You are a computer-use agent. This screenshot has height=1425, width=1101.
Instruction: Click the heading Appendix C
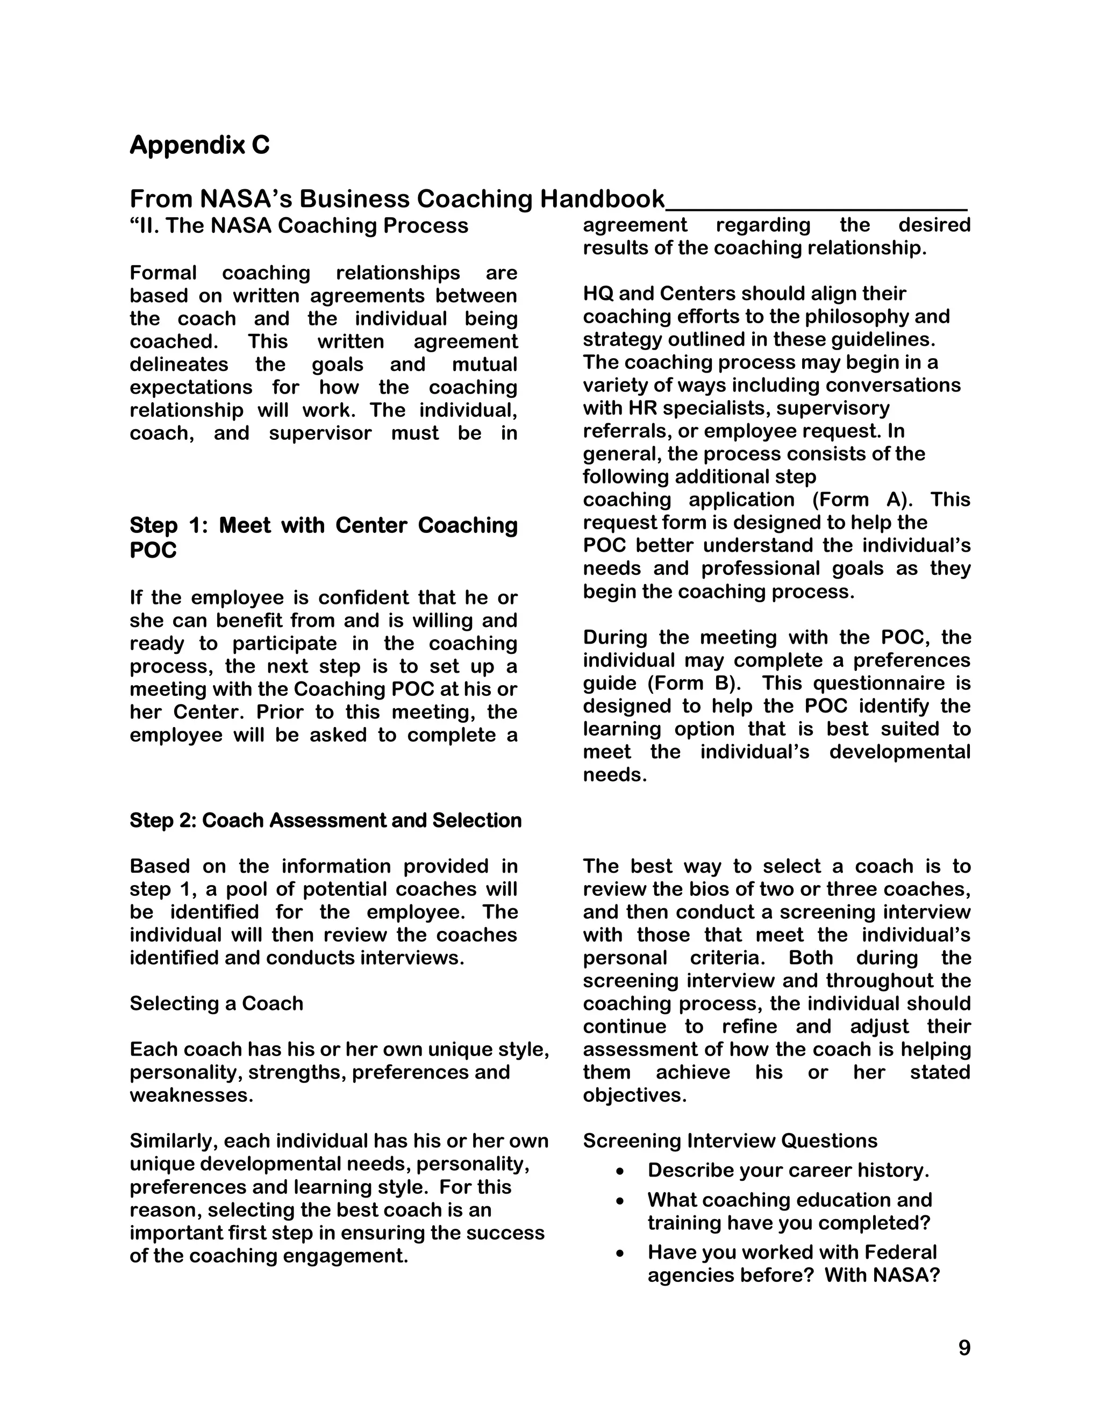pyautogui.click(x=199, y=145)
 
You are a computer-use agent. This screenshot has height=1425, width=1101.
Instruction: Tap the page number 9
pyautogui.click(x=964, y=1348)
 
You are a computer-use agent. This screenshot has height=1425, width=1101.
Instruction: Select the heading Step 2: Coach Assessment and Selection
pyautogui.click(x=325, y=820)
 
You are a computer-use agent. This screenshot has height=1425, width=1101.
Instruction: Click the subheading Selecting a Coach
pyautogui.click(x=216, y=1003)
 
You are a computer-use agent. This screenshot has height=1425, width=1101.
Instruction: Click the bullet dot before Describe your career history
pyautogui.click(x=620, y=1172)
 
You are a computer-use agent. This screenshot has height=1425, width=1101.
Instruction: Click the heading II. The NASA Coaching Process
pyautogui.click(x=299, y=226)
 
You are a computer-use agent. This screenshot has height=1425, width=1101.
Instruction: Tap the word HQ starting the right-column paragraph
pyautogui.click(x=597, y=294)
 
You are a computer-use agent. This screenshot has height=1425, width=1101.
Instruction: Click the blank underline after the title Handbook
pyautogui.click(x=816, y=206)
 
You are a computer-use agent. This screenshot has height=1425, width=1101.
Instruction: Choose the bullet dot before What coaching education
pyautogui.click(x=620, y=1202)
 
